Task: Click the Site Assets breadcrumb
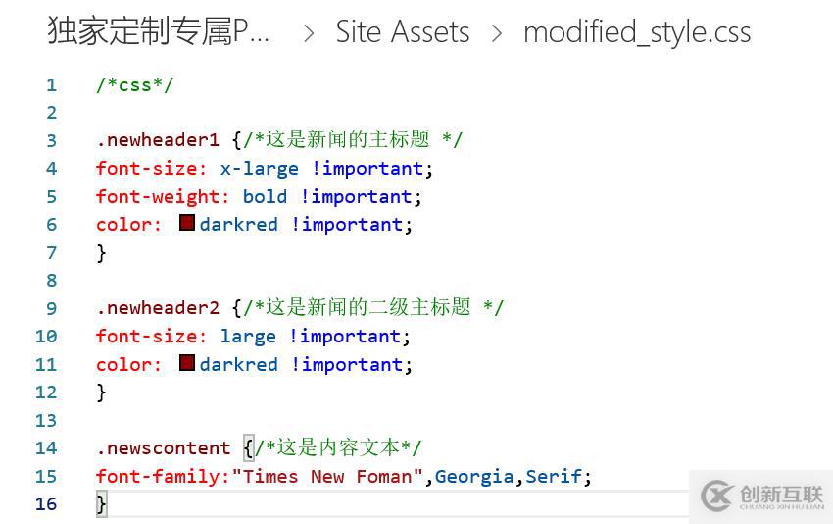[x=403, y=32]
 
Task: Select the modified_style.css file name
[x=637, y=33]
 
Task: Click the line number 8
[x=52, y=280]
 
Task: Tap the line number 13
[x=46, y=420]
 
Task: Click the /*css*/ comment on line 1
[x=135, y=85]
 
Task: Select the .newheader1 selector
[x=158, y=140]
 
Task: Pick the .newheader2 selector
[x=158, y=308]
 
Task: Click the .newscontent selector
[x=164, y=448]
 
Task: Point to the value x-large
[x=260, y=169]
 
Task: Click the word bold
[x=266, y=197]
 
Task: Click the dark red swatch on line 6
[x=187, y=223]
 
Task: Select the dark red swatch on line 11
[x=187, y=363]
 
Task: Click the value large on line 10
[x=248, y=337]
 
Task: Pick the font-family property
[x=157, y=477]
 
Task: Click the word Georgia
[x=474, y=477]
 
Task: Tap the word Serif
[x=554, y=476]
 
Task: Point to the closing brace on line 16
[x=102, y=503]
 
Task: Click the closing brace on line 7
[x=102, y=253]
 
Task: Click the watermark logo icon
[x=717, y=496]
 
